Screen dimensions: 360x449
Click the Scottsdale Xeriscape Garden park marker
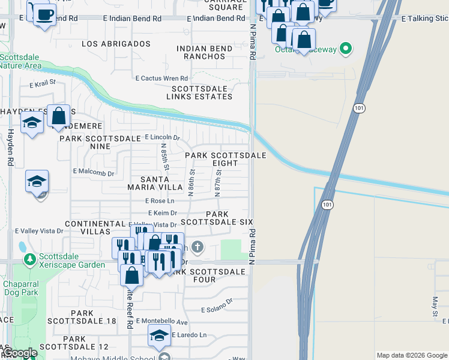point(29,260)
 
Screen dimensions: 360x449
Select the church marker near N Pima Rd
point(197,247)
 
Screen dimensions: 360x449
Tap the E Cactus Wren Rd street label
point(161,78)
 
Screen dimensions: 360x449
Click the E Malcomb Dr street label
point(94,172)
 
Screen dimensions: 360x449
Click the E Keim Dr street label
point(162,212)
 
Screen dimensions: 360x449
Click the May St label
point(435,306)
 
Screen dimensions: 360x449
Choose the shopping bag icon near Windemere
point(59,116)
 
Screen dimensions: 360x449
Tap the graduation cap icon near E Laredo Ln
point(159,335)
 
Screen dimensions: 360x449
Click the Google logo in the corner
point(20,353)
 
